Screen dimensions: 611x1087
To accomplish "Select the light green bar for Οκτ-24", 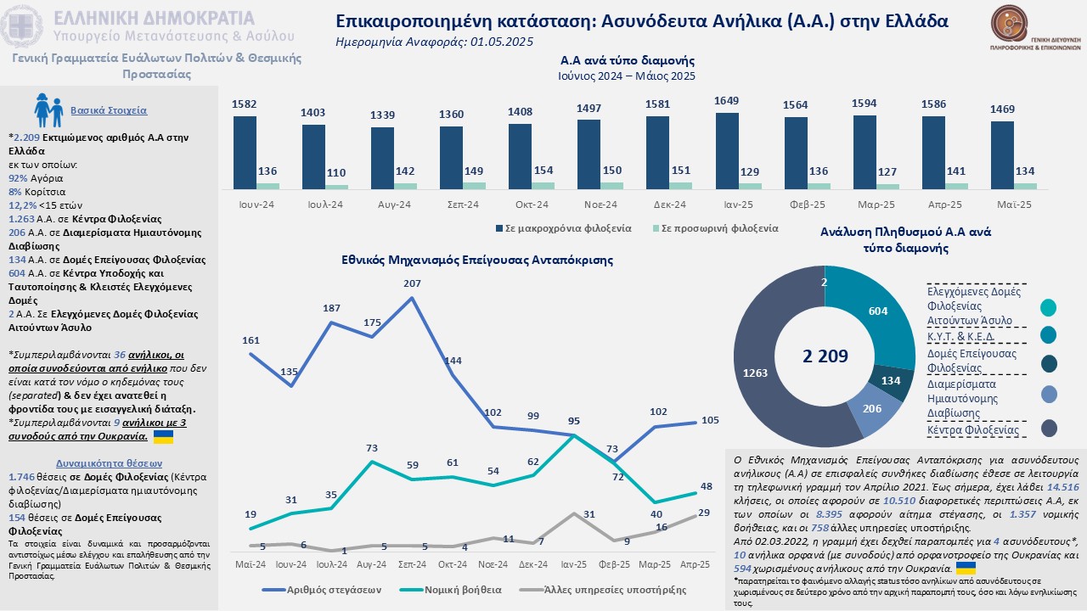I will click(543, 185).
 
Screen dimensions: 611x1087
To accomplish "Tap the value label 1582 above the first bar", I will click(245, 104).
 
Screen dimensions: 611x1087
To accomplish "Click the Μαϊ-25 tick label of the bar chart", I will click(1014, 205).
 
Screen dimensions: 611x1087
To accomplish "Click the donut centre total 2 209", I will click(825, 356).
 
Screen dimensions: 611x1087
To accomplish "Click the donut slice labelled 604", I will click(875, 312).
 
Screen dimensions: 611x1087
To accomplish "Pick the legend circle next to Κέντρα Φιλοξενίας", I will click(1049, 428).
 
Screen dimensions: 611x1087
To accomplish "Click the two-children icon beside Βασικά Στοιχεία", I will click(48, 109).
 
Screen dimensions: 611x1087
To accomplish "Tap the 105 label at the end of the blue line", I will click(710, 420).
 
